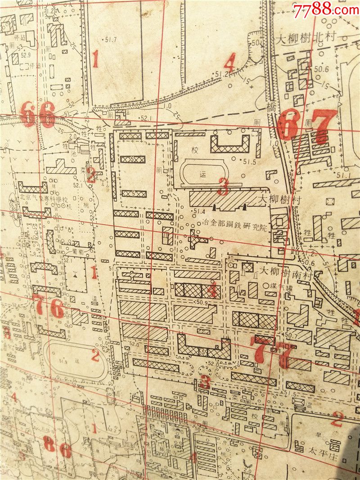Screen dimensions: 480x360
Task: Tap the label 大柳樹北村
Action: [x=306, y=39]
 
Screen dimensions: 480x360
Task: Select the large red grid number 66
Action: [x=38, y=114]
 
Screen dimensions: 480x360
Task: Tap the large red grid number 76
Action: [x=48, y=308]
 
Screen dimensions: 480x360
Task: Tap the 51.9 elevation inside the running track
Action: [x=63, y=362]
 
